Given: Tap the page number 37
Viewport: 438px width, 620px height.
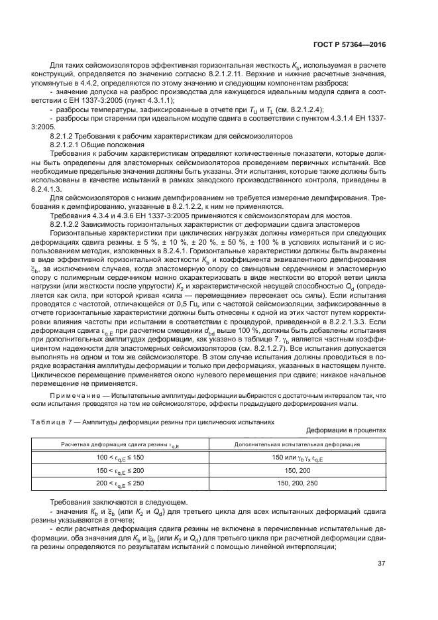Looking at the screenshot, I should pos(381,564).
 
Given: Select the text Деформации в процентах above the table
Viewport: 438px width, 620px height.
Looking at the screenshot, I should pos(347,430).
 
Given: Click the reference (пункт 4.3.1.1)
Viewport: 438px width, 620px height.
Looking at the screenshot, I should pos(148,99).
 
